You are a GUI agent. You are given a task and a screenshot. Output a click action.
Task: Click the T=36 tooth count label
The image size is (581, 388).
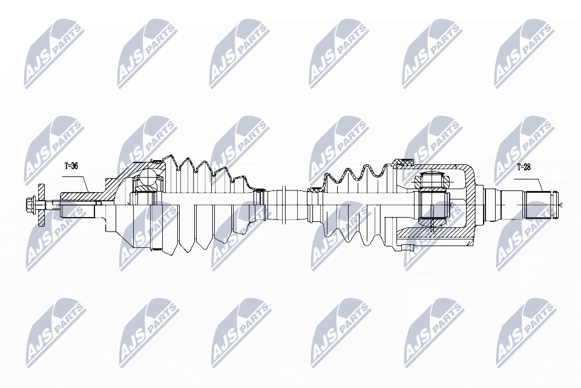72,166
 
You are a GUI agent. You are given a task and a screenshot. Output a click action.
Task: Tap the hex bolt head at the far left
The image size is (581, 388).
28,203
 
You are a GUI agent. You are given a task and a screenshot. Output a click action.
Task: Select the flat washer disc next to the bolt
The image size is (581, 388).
42,204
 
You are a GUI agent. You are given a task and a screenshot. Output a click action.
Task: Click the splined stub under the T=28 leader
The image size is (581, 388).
540,204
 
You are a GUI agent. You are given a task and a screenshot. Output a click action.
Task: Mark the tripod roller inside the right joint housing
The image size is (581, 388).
433,181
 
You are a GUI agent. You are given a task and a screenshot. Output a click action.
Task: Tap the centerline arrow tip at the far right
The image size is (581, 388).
560,204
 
